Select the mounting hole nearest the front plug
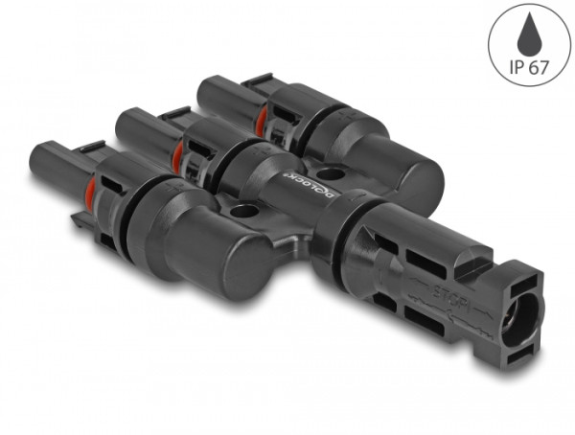tap(242, 211)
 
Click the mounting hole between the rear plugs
tap(331, 175)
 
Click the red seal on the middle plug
tap(177, 153)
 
